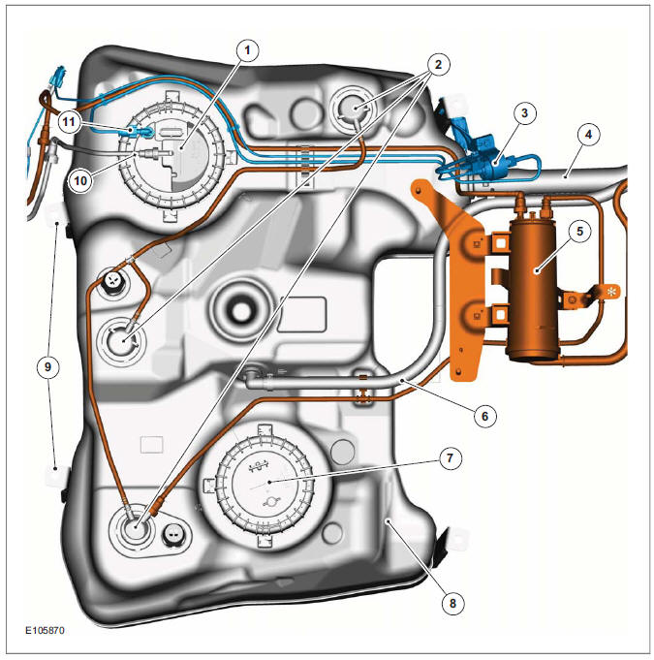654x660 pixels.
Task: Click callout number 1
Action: tap(249, 49)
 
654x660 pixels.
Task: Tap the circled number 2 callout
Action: tap(437, 65)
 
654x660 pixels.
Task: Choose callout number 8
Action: tap(449, 602)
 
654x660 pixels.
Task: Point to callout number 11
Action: tap(68, 121)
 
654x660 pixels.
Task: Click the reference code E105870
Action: tap(46, 630)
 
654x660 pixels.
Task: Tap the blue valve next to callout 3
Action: tap(484, 160)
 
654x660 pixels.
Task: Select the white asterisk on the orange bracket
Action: tap(611, 291)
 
